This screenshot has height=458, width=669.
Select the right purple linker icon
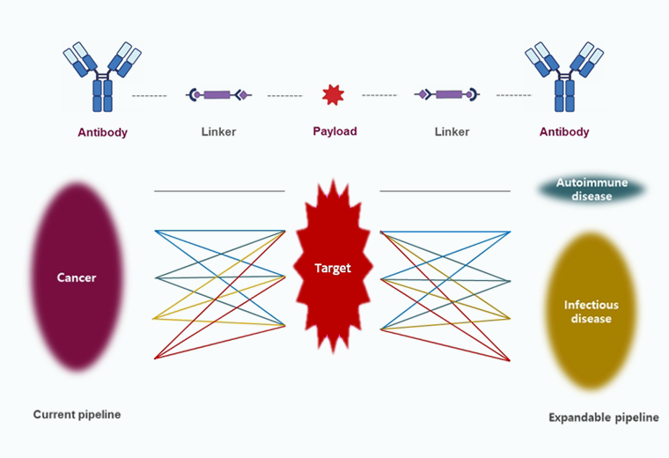pos(447,94)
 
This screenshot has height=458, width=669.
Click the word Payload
pos(334,131)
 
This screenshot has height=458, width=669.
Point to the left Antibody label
pos(102,133)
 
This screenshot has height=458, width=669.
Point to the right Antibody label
pos(564,132)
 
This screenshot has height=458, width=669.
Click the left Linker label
pos(218,132)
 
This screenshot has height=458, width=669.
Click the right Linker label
pos(452,132)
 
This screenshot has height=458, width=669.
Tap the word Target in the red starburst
pos(333,268)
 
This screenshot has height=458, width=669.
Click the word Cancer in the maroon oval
pos(77,277)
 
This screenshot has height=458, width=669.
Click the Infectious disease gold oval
pos(591,311)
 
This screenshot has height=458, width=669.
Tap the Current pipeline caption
pos(77,414)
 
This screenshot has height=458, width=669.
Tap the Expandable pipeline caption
pos(603,417)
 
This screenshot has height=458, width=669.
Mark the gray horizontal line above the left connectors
pos(219,190)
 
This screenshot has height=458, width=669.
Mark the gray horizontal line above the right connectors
pos(445,190)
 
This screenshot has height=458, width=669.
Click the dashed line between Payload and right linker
pos(379,94)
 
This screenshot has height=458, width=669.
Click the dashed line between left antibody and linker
pos(150,94)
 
